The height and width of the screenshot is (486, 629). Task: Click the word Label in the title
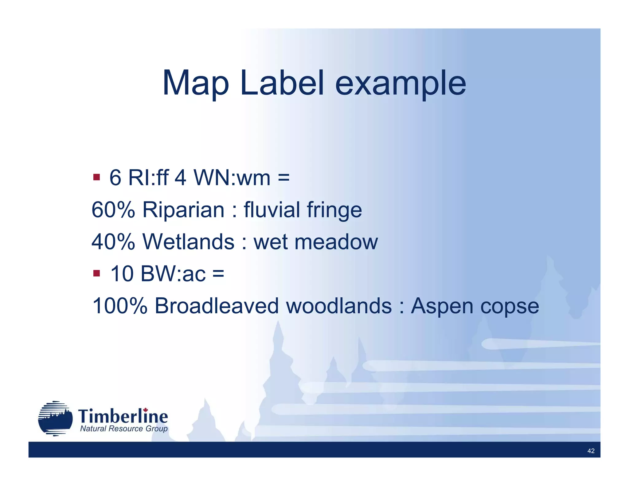click(x=282, y=83)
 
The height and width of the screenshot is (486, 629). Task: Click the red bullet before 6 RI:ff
click(x=96, y=177)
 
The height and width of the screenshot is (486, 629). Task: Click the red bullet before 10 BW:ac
click(x=96, y=273)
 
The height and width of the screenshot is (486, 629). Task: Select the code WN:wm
click(x=232, y=178)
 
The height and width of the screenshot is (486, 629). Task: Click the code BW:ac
click(x=173, y=274)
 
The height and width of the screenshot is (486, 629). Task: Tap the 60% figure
click(x=113, y=210)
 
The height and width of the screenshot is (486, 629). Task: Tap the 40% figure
click(x=113, y=242)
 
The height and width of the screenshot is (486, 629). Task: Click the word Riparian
click(x=183, y=210)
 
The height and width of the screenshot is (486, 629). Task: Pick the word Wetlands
click(x=189, y=242)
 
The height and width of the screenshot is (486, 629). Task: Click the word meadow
click(x=336, y=242)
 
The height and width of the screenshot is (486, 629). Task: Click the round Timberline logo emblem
click(x=55, y=418)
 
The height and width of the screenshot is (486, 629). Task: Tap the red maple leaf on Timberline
click(x=146, y=410)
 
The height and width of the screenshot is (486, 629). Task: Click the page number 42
click(x=591, y=451)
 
